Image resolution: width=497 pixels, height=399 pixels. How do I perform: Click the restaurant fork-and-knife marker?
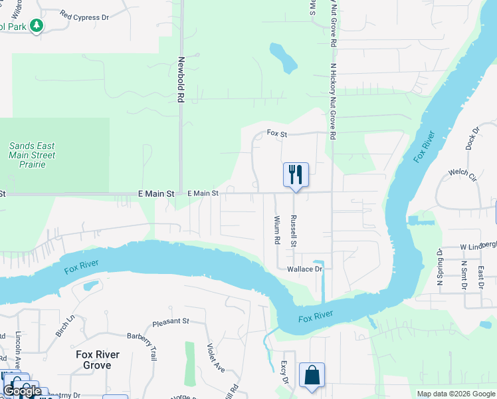[296, 175]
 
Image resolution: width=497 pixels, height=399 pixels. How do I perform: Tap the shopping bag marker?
[312, 375]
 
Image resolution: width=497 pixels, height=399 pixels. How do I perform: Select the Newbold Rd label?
[180, 79]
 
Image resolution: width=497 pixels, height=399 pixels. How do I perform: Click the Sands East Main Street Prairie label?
[32, 155]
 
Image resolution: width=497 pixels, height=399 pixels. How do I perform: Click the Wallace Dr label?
[304, 269]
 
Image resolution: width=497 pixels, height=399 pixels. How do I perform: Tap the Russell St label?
[292, 231]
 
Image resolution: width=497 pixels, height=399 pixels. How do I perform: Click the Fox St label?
[276, 133]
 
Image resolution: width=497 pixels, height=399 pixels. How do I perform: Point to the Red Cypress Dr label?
[84, 15]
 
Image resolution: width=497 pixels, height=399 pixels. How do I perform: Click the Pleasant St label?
[171, 321]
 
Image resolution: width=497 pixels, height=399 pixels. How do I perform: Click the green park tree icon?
[37, 26]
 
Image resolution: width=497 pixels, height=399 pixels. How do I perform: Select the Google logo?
[22, 391]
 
